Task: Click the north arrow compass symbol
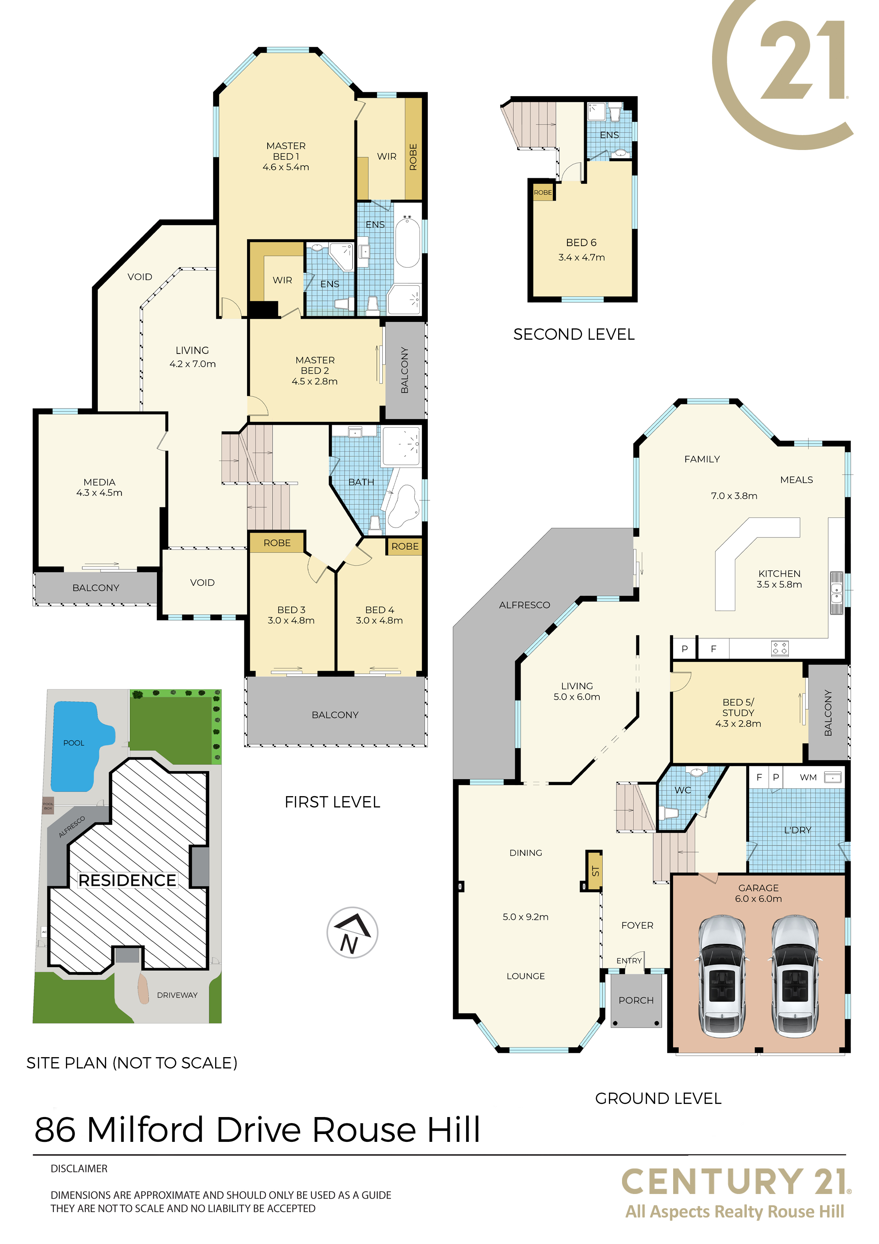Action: (352, 932)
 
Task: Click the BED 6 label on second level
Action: (581, 243)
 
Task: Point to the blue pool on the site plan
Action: (79, 745)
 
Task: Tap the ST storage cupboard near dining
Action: (595, 871)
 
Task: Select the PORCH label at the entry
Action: (636, 1000)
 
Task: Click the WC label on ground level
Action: (682, 790)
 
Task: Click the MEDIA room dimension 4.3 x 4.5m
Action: (99, 493)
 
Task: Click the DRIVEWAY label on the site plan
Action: (177, 995)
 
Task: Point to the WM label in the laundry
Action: (808, 777)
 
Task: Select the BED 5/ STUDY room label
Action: (738, 712)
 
